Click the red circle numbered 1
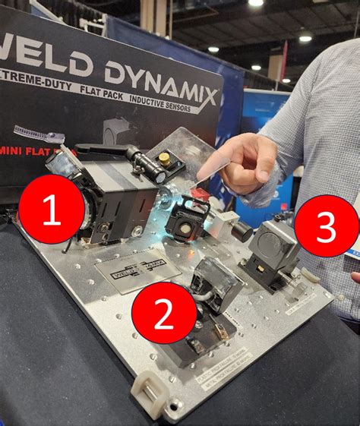tap(52, 211)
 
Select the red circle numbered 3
tap(326, 227)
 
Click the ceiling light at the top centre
tap(256, 3)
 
